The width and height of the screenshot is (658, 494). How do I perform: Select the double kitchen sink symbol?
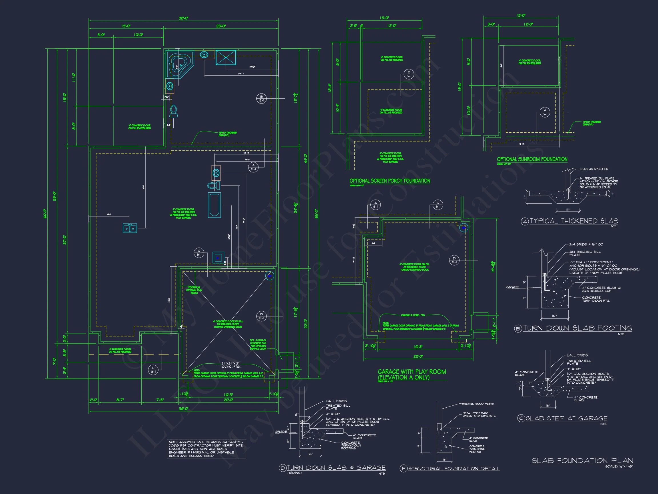pos(130,228)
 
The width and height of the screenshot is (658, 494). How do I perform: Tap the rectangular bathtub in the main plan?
pos(214,205)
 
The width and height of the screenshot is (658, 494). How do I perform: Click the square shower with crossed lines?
pos(226,57)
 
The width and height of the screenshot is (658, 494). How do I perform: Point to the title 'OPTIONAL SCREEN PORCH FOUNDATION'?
pos(390,181)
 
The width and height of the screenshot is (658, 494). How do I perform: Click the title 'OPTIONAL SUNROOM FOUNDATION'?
pos(532,159)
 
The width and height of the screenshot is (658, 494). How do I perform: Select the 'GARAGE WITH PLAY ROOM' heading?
pos(412,372)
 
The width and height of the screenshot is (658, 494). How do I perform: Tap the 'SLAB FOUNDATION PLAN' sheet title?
pos(582,461)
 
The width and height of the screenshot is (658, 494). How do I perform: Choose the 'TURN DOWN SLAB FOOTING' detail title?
pos(577,328)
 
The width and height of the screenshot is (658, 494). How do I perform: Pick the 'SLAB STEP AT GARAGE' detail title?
pos(566,418)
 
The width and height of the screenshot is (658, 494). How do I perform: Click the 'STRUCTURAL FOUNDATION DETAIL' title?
pos(454,468)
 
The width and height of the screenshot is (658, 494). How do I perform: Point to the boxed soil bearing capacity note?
pos(206,449)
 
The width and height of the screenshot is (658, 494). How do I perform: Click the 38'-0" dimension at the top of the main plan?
pos(184,18)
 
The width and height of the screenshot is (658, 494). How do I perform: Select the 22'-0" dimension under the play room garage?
pos(418,356)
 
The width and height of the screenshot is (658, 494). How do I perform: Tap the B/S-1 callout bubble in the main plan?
pos(261,99)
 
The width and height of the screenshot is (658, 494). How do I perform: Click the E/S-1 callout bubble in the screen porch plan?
pos(409,74)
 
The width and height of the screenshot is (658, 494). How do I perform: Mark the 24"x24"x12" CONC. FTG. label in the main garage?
pos(230,365)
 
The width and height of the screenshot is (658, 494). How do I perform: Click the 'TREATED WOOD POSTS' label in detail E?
pos(478,404)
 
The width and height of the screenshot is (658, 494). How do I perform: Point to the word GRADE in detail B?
pos(512,287)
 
